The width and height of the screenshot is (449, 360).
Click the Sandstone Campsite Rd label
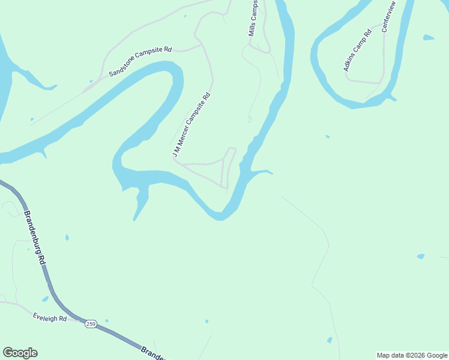point(140,62)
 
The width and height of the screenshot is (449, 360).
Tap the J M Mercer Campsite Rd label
point(191,125)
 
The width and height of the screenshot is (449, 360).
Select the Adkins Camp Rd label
point(358,50)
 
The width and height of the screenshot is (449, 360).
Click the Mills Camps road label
point(254,18)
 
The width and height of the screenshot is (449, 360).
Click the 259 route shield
point(91,324)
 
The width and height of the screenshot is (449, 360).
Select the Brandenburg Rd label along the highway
point(35,238)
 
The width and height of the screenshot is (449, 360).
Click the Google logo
point(20,353)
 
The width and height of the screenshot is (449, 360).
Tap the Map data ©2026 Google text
point(412,355)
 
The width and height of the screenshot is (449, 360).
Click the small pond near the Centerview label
point(428,38)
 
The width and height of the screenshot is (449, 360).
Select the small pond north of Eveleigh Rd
point(45,299)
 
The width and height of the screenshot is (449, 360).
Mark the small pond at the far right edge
point(421,256)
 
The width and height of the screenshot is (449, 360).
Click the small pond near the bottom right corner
point(330,340)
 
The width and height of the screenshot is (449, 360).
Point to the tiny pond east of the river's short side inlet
point(327,136)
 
